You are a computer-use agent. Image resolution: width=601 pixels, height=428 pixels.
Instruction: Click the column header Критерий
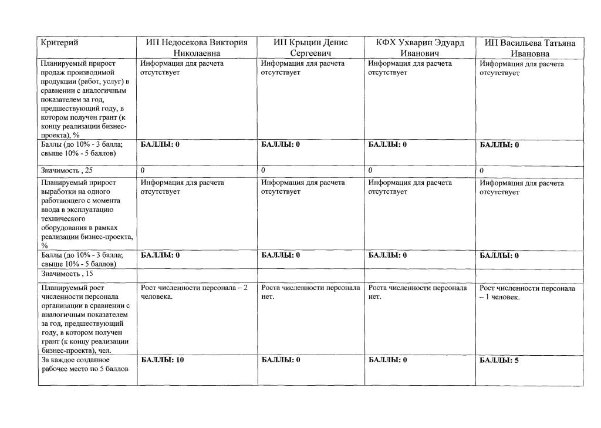tap(59, 43)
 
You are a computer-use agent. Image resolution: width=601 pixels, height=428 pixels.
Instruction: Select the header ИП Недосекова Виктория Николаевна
tap(197, 48)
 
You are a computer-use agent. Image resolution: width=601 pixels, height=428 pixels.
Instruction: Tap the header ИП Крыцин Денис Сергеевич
tap(310, 48)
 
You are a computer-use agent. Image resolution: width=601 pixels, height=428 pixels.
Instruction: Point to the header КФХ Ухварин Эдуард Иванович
tap(420, 48)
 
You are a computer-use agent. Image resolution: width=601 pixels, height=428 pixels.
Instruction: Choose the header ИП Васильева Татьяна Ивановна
tap(530, 49)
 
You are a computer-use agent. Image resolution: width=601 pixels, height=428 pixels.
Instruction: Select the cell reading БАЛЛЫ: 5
tap(499, 360)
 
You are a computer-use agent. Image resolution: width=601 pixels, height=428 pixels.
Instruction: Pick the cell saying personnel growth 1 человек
tap(528, 292)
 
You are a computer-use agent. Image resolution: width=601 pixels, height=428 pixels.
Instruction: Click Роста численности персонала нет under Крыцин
tap(310, 292)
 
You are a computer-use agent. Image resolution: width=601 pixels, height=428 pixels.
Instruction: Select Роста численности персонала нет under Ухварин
tap(417, 292)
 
